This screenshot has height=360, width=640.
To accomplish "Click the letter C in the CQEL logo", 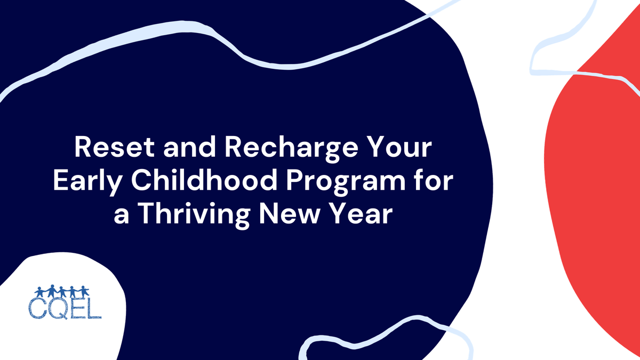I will (x=39, y=309).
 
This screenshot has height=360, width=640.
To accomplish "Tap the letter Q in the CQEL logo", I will (x=58, y=309).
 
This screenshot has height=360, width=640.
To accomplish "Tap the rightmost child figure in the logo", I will (x=85, y=292).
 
